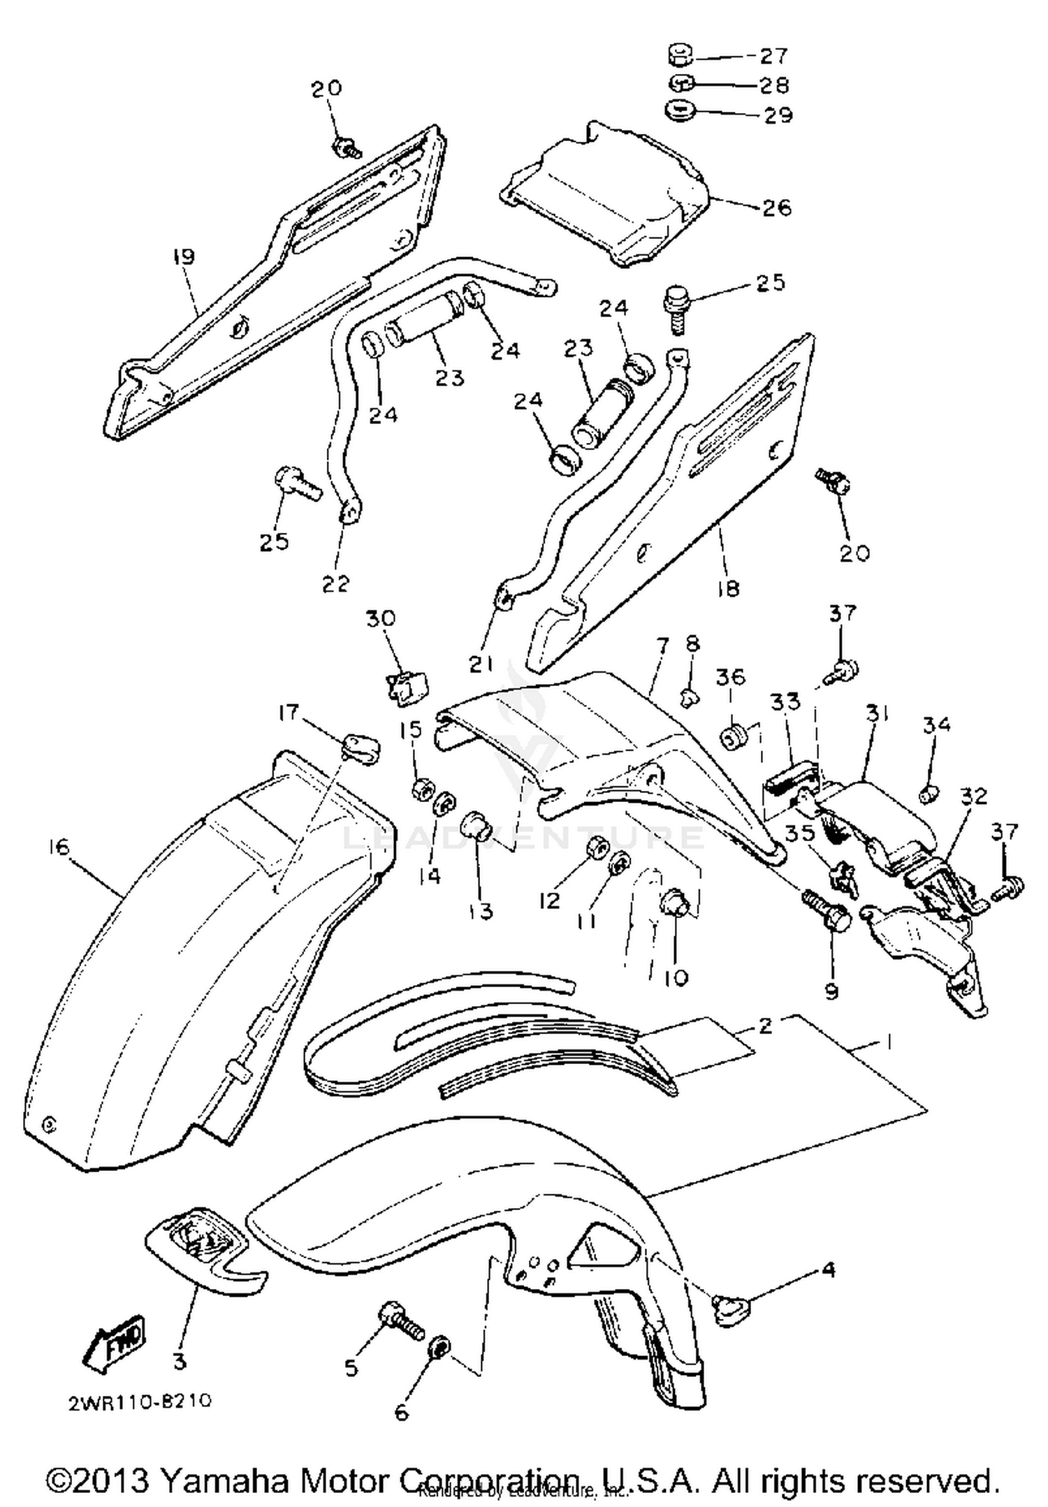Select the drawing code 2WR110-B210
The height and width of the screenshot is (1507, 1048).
(x=140, y=1401)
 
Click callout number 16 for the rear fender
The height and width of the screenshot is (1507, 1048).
(x=59, y=847)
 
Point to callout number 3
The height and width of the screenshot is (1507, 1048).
(x=180, y=1360)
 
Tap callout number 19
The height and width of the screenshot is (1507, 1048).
(x=183, y=256)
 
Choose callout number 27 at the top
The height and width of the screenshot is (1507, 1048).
(x=773, y=55)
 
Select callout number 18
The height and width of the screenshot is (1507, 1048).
(x=728, y=588)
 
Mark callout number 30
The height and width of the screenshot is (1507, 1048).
(x=381, y=618)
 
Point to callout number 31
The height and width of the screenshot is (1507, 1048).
(x=871, y=713)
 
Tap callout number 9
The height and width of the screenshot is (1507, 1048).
(x=831, y=991)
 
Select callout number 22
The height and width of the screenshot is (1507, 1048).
(x=335, y=583)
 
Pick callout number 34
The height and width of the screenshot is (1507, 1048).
(x=936, y=725)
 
